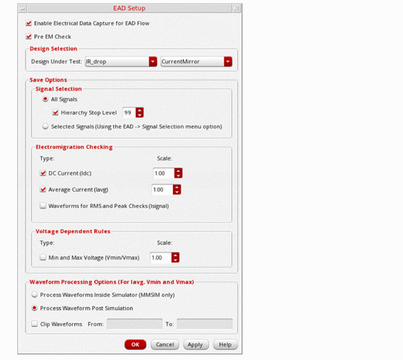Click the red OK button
coord(135,344)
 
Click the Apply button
coord(196,344)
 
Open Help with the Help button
coord(225,344)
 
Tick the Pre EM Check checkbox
coord(29,37)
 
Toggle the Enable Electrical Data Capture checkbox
coord(29,23)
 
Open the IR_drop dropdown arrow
coord(153,62)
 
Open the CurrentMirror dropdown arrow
coord(228,62)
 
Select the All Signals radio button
coord(45,99)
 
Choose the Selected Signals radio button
coord(45,126)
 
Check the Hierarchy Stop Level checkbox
coord(55,113)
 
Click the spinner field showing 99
coord(129,113)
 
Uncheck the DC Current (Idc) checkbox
coord(43,173)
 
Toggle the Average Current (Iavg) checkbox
coord(43,189)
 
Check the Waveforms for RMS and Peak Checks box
coord(43,206)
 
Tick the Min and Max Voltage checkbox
coord(43,257)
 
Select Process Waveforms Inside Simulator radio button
coord(34,294)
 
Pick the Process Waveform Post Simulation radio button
coord(34,308)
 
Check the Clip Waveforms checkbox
coord(34,324)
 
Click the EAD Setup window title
coord(129,8)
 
